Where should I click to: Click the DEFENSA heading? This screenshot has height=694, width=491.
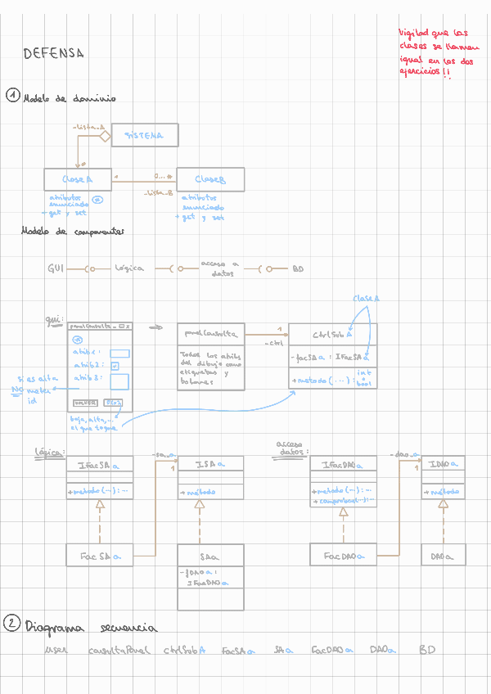click(54, 54)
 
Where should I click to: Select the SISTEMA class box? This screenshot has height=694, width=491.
click(144, 135)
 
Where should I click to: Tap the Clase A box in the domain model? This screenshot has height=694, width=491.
click(78, 179)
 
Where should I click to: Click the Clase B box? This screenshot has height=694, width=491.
click(209, 179)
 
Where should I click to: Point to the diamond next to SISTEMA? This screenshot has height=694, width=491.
click(104, 136)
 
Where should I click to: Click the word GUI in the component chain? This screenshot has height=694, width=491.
click(56, 268)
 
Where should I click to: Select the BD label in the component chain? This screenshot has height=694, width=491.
click(298, 268)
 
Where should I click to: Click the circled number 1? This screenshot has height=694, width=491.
click(12, 96)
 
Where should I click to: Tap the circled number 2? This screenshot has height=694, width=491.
click(11, 624)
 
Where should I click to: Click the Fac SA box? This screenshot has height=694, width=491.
click(100, 556)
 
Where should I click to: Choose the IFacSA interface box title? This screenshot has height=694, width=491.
click(99, 465)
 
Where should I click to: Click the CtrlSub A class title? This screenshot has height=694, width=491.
click(332, 334)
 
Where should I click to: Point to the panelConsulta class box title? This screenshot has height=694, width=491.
click(211, 334)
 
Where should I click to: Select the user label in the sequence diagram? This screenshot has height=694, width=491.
click(56, 651)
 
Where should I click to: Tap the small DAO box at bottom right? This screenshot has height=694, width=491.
click(443, 556)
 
